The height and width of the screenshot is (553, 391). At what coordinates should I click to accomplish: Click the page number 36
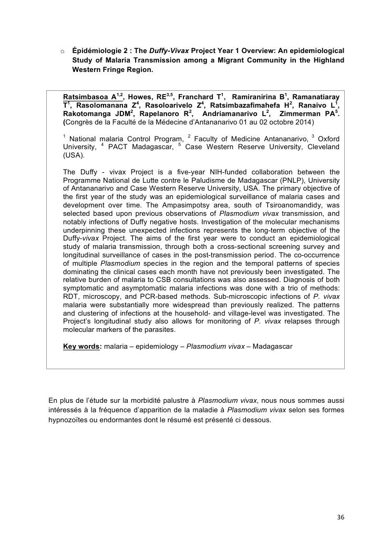341,517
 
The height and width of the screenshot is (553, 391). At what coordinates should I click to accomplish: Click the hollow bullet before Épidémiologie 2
62,51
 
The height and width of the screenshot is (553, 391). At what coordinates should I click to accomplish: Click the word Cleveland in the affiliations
321,147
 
